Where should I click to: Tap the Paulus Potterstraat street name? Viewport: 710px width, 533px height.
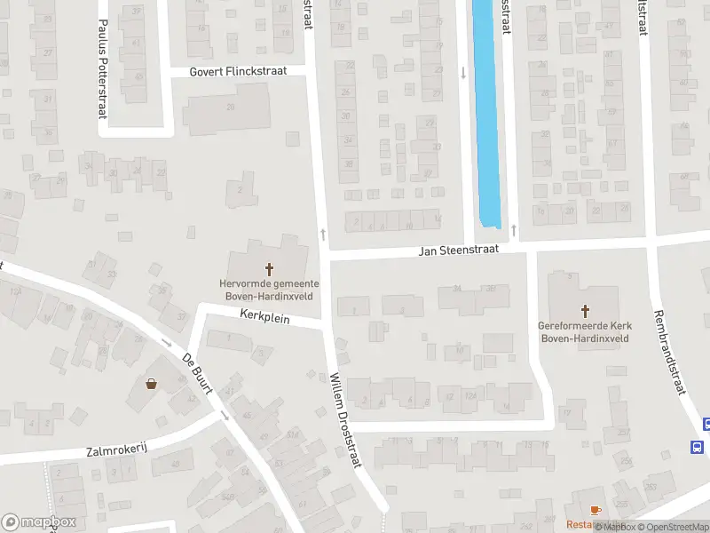103,57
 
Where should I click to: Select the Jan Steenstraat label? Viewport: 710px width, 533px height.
459,251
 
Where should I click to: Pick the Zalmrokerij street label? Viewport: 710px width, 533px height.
116,449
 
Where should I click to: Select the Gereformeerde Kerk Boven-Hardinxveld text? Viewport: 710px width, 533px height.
584,331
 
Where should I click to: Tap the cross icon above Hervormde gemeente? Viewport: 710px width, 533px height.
269,267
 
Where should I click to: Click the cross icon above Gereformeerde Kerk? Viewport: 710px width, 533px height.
585,310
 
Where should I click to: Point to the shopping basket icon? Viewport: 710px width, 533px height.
151,385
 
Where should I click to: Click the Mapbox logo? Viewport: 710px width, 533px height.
39,522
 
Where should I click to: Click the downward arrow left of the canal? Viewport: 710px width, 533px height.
463,73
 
